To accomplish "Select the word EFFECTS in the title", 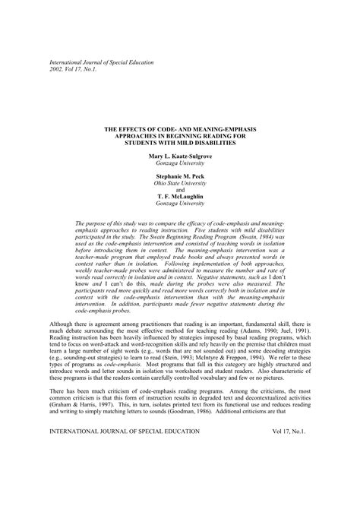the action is pyautogui.click(x=144, y=131).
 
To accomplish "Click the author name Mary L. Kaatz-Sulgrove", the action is pyautogui.click(x=180, y=156).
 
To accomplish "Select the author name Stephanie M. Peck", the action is pyautogui.click(x=180, y=176).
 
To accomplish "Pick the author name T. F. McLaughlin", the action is pyautogui.click(x=180, y=197).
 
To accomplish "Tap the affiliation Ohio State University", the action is pyautogui.click(x=180, y=183).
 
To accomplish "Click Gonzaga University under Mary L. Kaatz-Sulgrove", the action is pyautogui.click(x=180, y=163).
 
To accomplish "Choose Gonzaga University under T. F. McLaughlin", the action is pyautogui.click(x=180, y=204).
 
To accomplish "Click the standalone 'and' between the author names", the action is pyautogui.click(x=180, y=190).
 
